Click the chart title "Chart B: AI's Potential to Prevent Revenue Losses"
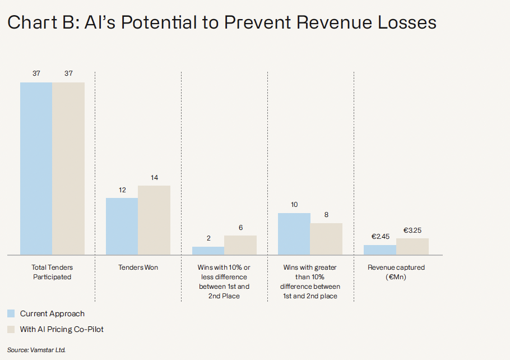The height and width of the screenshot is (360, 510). (x=222, y=23)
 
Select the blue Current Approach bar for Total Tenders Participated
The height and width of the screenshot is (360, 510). (x=36, y=168)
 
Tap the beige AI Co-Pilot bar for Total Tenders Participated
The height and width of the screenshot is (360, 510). (x=68, y=168)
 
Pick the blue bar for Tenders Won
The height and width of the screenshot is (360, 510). (x=122, y=226)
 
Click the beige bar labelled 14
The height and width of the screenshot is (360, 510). (x=154, y=220)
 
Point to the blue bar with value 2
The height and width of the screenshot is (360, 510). (x=208, y=251)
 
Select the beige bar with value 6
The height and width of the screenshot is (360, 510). (x=240, y=245)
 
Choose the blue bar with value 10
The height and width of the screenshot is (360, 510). (x=294, y=234)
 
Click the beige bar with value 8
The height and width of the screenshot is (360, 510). (x=326, y=239)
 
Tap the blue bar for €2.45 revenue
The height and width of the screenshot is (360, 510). (x=380, y=250)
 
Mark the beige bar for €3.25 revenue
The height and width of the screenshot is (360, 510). (x=412, y=247)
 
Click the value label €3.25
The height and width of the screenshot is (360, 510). (x=413, y=230)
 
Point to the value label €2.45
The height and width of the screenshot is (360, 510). (x=380, y=237)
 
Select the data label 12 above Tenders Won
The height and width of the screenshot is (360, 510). (x=122, y=190)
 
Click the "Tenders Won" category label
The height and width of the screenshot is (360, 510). (x=138, y=267)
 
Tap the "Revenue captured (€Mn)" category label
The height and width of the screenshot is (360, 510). (x=396, y=272)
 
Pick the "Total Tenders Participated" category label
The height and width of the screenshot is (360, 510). (x=52, y=272)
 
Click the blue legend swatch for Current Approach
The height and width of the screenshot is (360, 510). (x=11, y=313)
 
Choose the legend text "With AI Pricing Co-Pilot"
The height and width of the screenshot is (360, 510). (x=62, y=329)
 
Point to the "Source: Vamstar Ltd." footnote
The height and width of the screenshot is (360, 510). (x=36, y=349)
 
